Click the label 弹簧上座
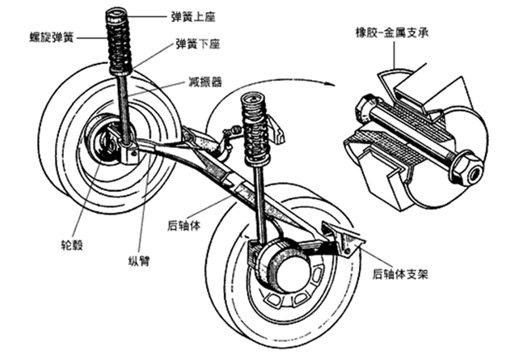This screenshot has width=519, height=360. pyautogui.click(x=193, y=16)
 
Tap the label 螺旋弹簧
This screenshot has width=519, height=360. pyautogui.click(x=51, y=37)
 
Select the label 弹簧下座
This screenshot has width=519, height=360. pyautogui.click(x=197, y=44)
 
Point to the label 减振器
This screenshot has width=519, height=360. pyautogui.click(x=205, y=82)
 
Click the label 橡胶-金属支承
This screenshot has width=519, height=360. pyautogui.click(x=392, y=32)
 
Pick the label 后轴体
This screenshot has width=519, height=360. pyautogui.click(x=184, y=226)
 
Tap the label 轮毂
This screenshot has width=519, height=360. pyautogui.click(x=72, y=245)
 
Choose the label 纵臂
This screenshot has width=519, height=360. pyautogui.click(x=139, y=261)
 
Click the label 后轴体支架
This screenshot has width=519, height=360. pyautogui.click(x=400, y=274)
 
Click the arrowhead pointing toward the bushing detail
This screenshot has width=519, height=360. pyautogui.click(x=330, y=84)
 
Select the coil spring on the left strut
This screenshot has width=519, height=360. pyautogui.click(x=118, y=43)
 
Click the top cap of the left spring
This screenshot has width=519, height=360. pyautogui.click(x=116, y=13)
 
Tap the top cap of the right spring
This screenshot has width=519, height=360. pyautogui.click(x=254, y=99)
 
